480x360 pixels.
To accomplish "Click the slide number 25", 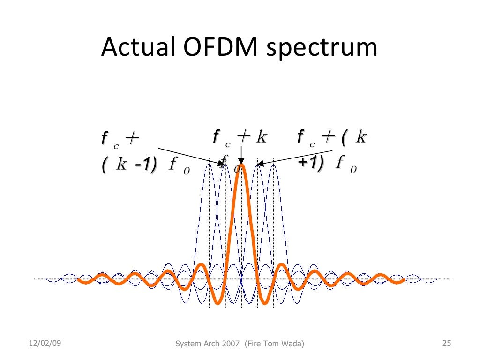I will [446, 344].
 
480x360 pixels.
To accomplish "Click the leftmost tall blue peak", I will [210, 166].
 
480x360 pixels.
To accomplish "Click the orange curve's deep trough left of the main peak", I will [218, 303].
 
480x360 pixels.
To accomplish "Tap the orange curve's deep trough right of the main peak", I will [265, 303].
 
